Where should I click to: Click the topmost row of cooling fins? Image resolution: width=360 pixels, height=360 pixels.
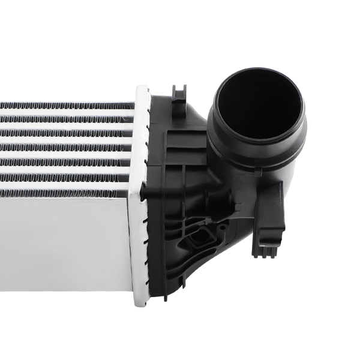click(x=66, y=106)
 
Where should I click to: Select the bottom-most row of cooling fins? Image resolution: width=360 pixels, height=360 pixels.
click(x=66, y=193)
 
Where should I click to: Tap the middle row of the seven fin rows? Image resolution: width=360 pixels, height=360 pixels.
click(x=66, y=148)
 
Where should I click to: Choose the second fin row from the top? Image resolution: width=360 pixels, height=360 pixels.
click(x=66, y=120)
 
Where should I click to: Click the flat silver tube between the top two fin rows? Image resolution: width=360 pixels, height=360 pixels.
click(x=66, y=113)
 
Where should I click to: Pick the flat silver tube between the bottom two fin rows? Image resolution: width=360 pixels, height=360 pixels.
click(x=66, y=185)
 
